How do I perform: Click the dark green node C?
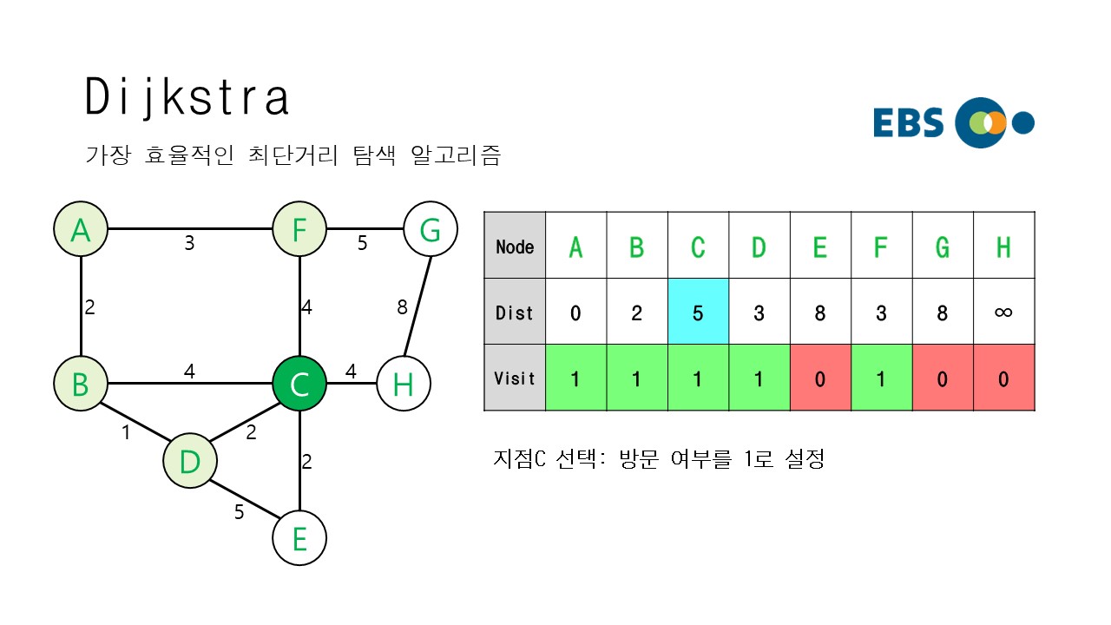(x=299, y=383)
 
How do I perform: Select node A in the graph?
(x=81, y=230)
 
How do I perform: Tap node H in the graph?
(x=404, y=383)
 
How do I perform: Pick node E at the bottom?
(x=299, y=538)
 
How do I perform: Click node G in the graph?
(x=431, y=230)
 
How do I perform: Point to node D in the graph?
(x=189, y=461)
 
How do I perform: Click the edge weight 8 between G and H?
(x=402, y=306)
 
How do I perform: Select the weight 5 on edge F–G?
(x=363, y=243)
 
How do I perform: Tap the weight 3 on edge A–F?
(x=189, y=243)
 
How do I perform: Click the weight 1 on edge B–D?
(x=126, y=431)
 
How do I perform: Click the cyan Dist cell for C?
(x=698, y=312)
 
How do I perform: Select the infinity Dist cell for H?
(x=1003, y=312)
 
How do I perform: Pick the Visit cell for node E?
(x=820, y=378)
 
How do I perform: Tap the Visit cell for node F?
(x=881, y=378)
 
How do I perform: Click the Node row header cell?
(x=515, y=247)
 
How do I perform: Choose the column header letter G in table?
(x=943, y=247)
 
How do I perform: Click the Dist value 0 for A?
(x=575, y=312)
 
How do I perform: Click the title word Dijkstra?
(x=187, y=97)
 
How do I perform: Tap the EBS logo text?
(x=909, y=123)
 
